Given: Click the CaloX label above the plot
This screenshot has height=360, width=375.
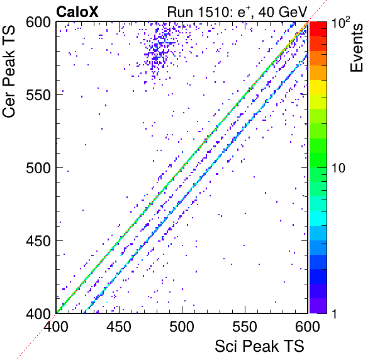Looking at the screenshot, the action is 77,11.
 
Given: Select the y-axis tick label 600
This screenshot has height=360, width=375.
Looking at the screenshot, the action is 38,23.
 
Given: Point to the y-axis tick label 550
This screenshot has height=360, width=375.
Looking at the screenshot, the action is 38,95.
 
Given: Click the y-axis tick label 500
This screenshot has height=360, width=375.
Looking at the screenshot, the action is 38,168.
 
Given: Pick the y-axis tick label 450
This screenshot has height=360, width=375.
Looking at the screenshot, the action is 38,241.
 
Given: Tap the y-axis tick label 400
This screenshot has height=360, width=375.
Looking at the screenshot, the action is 38,313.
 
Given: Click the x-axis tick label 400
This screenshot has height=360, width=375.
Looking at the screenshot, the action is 56,326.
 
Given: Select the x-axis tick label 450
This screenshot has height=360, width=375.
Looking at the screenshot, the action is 119,326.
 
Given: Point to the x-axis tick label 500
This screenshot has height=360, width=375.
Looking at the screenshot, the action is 182,326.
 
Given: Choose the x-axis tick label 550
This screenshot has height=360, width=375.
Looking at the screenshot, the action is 245,326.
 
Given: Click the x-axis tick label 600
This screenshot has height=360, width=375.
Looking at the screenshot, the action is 308,326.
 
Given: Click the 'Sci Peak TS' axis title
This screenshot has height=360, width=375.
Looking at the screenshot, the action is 259,346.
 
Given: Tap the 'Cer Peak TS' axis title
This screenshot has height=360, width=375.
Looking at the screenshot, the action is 9,71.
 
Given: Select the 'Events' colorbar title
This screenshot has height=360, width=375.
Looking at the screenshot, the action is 356,48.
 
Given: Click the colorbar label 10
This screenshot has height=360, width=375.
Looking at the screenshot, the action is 339,168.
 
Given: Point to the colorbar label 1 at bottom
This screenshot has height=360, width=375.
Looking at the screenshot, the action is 335,313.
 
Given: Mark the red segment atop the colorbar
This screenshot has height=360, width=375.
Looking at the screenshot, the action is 318,29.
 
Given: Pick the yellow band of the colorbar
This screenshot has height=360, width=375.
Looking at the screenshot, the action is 318,87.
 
